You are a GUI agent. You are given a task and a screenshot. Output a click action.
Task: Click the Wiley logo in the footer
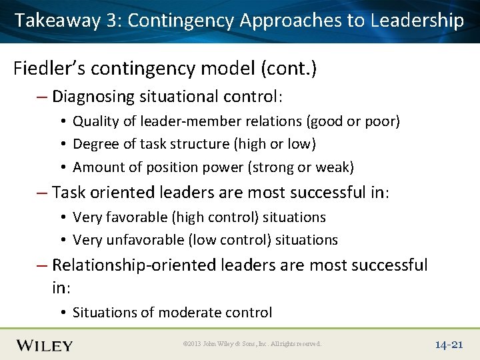point(45,345)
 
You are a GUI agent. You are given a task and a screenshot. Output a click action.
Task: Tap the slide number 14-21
point(449,345)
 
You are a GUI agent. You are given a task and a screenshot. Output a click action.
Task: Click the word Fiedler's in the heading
point(46,68)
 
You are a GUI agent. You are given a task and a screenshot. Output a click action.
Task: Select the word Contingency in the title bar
point(181,21)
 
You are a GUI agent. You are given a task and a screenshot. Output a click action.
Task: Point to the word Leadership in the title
point(417,21)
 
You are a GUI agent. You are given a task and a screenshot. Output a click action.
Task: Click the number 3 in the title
point(111,21)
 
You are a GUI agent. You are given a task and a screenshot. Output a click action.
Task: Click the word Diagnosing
point(93,97)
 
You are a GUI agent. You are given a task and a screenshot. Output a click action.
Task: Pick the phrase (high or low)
point(273,144)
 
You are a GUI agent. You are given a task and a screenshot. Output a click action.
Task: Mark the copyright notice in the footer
point(252,344)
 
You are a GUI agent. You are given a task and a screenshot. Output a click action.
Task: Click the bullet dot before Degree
point(61,145)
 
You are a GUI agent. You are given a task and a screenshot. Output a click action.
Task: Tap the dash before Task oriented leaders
point(42,193)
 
